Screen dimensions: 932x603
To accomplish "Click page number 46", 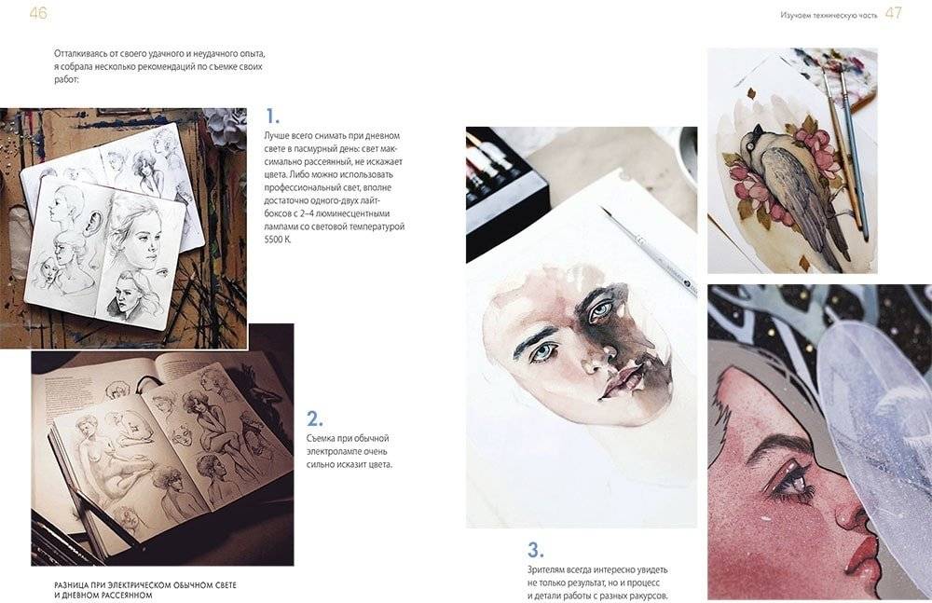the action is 38,12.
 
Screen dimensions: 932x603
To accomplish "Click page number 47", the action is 894,13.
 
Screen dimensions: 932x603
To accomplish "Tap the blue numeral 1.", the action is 271,116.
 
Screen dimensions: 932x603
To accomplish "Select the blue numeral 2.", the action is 314,419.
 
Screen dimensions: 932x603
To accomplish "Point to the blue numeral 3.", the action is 535,550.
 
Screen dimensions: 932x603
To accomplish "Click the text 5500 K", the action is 278,240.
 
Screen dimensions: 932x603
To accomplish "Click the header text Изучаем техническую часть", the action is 829,16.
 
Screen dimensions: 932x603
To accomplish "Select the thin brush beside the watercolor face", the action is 649,251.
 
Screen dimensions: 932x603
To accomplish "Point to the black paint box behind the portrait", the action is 500,191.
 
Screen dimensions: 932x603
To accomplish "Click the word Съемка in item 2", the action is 321,438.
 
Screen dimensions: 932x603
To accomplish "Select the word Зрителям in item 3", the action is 547,569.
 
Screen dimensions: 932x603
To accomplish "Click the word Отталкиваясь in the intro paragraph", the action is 79,54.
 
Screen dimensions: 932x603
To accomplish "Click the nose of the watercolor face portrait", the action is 595,356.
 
